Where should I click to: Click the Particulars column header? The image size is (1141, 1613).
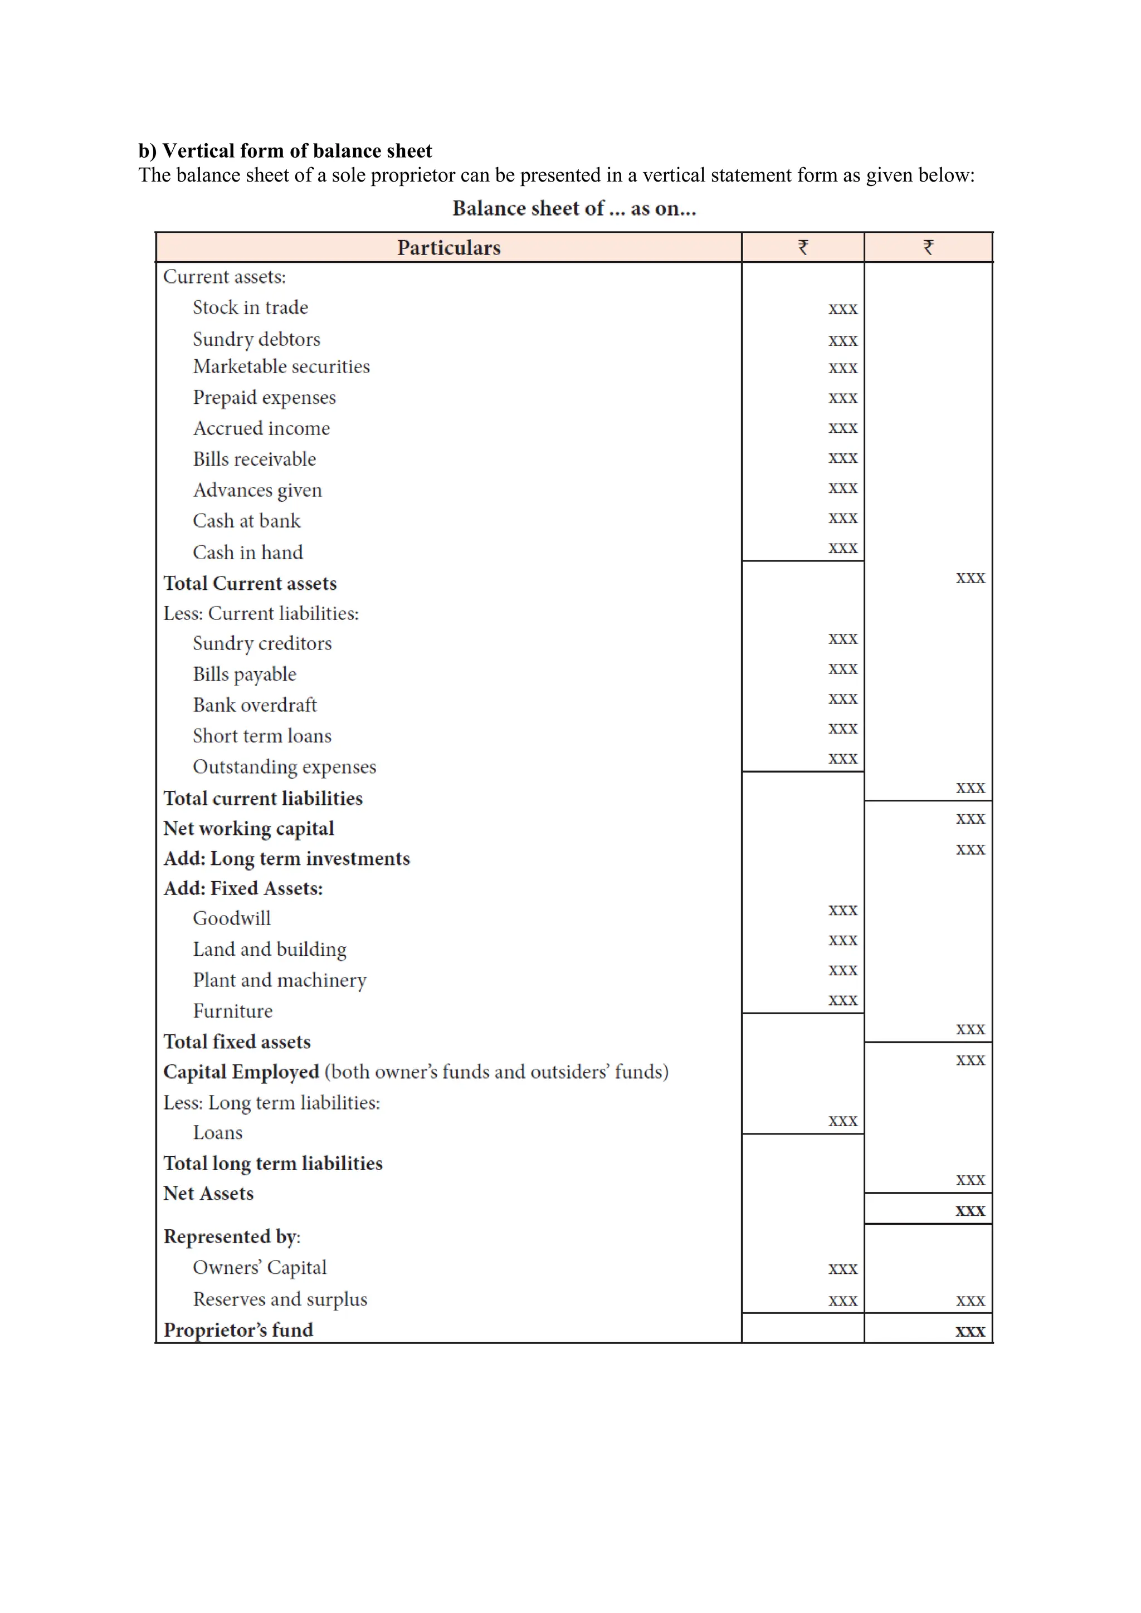click(x=448, y=247)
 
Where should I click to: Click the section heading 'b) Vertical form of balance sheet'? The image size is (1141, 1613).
click(x=285, y=151)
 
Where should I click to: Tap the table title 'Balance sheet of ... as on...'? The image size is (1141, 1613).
click(x=573, y=209)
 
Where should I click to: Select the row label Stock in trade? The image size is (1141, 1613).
click(x=250, y=307)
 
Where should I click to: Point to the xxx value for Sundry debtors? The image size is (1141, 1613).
click(x=842, y=341)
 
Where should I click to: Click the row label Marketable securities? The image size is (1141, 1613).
click(x=281, y=366)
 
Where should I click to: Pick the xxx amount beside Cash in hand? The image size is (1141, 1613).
click(x=842, y=548)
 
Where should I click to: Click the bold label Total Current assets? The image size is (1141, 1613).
click(x=250, y=584)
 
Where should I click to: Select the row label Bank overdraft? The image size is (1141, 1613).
click(x=255, y=705)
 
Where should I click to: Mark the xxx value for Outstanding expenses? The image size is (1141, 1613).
click(x=842, y=759)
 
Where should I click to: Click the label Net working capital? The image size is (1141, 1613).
click(x=248, y=828)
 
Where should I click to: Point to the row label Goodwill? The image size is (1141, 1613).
click(x=232, y=918)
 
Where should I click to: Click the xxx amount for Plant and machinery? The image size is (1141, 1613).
click(x=842, y=970)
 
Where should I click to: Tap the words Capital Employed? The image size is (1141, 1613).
click(x=241, y=1072)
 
